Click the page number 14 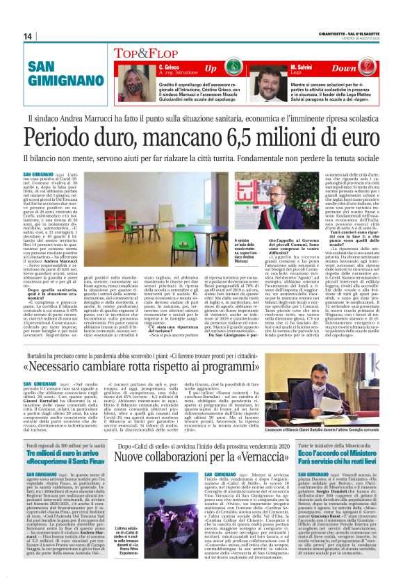coord(28,35)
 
